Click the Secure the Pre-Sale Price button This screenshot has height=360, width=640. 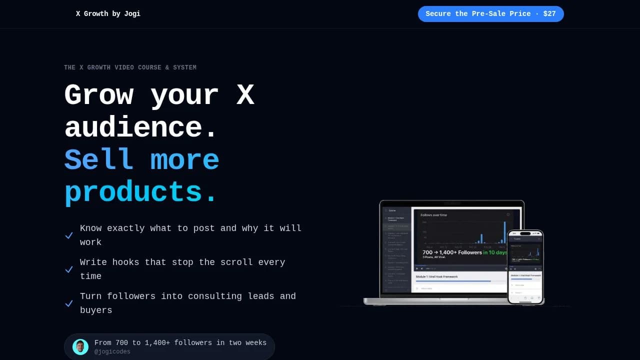click(x=490, y=14)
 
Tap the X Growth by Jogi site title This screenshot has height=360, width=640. click(x=108, y=14)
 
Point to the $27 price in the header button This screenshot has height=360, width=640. click(x=549, y=14)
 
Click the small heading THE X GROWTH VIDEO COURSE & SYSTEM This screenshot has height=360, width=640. click(x=130, y=67)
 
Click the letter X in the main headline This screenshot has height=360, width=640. click(x=245, y=95)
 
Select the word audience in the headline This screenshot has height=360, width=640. click(x=133, y=127)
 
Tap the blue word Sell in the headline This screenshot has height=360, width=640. click(x=99, y=160)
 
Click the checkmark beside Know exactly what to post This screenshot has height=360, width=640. click(x=69, y=235)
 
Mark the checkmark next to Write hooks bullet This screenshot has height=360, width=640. click(x=69, y=269)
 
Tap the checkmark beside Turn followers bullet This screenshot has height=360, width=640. click(x=69, y=303)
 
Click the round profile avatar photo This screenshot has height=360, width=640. click(x=80, y=346)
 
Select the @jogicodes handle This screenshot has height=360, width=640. click(x=112, y=352)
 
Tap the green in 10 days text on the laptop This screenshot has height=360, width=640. click(x=495, y=252)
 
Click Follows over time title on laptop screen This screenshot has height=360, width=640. click(x=434, y=215)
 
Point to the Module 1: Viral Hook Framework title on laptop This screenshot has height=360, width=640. click(x=436, y=276)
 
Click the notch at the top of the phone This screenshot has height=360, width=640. click(x=525, y=233)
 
